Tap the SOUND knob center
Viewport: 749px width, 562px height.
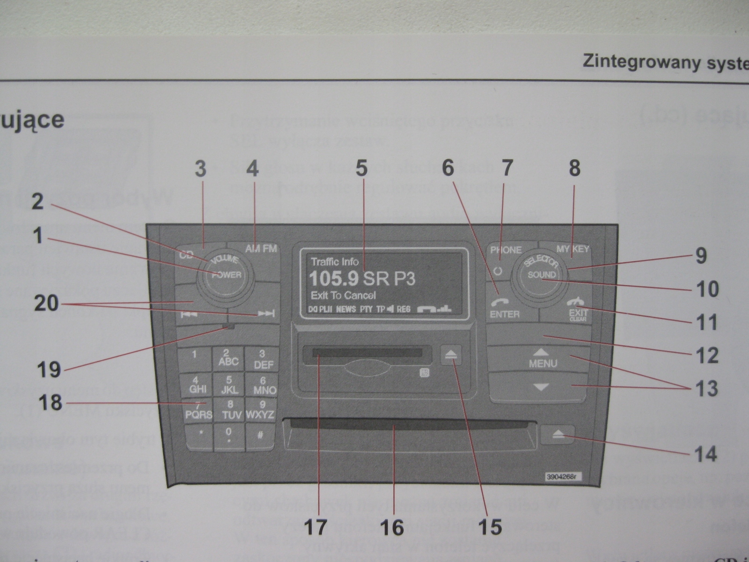pyautogui.click(x=542, y=275)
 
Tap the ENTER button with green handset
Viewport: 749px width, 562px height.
pyautogui.click(x=504, y=309)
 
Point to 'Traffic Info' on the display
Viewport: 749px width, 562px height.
pyautogui.click(x=335, y=262)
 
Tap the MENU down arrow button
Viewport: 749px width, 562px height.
pyautogui.click(x=541, y=387)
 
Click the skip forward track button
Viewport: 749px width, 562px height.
pyautogui.click(x=265, y=314)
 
